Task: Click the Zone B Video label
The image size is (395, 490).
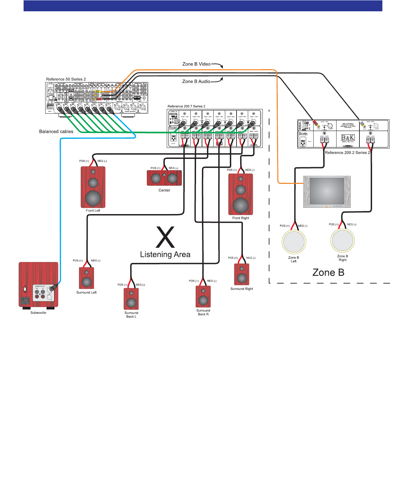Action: (x=196, y=64)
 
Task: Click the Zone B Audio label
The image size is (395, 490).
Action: (x=196, y=81)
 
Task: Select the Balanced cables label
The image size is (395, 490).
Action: (x=56, y=132)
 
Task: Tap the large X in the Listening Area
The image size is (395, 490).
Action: (x=165, y=237)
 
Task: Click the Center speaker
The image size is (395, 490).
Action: (x=164, y=178)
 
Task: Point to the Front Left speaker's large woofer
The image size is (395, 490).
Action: (x=93, y=198)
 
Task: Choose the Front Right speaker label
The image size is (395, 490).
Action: (x=241, y=218)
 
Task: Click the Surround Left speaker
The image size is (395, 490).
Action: (x=86, y=278)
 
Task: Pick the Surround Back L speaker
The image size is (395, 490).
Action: (x=131, y=299)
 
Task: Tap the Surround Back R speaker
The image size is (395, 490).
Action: (x=203, y=297)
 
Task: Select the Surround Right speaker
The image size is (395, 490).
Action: (x=242, y=274)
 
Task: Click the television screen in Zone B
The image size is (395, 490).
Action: (x=327, y=191)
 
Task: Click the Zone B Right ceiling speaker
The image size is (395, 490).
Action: (x=343, y=240)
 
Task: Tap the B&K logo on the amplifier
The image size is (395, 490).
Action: (x=348, y=138)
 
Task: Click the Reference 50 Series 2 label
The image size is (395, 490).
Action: (x=66, y=79)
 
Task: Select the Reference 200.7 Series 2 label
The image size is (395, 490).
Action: (x=186, y=106)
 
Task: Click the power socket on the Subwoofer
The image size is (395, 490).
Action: (x=25, y=301)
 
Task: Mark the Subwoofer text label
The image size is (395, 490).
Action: (x=39, y=313)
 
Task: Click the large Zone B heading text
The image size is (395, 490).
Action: (x=328, y=273)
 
